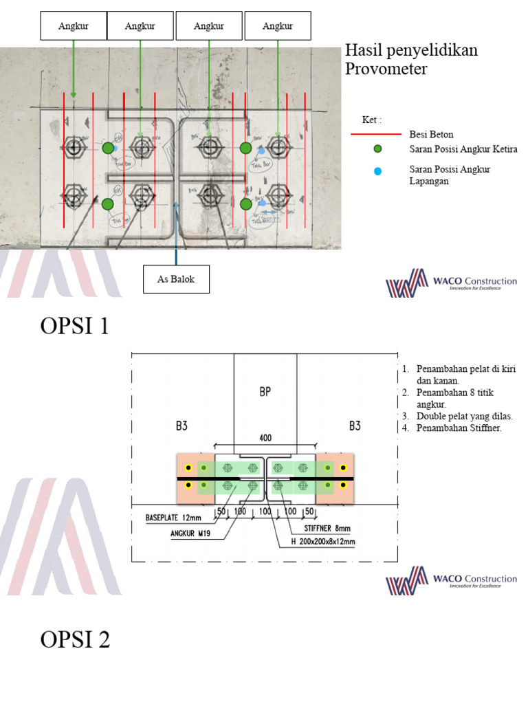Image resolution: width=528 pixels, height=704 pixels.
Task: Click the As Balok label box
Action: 176,279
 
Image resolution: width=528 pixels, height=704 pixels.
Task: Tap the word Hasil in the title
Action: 362,51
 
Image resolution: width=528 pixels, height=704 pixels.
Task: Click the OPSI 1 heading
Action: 75,326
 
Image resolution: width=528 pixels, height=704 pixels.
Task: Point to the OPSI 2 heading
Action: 75,640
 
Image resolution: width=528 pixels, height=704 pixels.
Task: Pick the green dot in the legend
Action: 377,149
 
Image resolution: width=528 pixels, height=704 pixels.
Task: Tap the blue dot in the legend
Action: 377,170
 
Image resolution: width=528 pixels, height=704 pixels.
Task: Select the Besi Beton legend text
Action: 431,134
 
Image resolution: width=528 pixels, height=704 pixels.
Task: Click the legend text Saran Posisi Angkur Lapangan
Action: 450,175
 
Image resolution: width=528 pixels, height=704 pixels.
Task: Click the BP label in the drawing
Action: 265,392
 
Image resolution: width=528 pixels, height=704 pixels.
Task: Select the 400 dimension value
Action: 265,437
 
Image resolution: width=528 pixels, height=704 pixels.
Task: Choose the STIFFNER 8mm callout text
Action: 327,529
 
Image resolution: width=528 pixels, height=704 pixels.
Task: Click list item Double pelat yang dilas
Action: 465,416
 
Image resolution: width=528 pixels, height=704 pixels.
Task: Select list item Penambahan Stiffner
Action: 459,428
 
